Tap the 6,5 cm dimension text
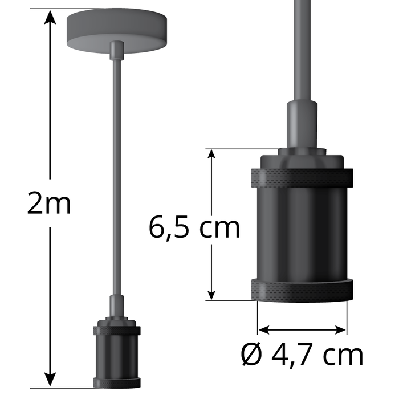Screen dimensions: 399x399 tap(194, 227)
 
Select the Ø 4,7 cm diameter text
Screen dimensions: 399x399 tap(302, 355)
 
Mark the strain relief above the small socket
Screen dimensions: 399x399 tap(116, 308)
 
